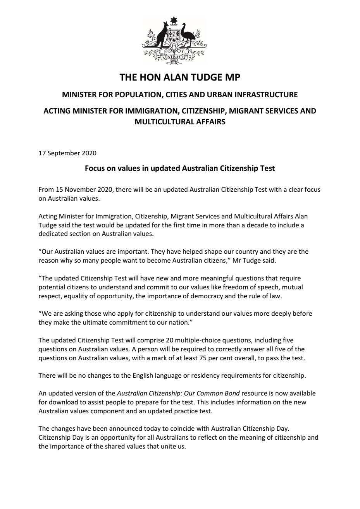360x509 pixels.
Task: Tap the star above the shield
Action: (174, 21)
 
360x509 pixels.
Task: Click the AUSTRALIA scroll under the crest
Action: (174, 58)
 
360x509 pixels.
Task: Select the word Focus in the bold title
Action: (94, 169)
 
